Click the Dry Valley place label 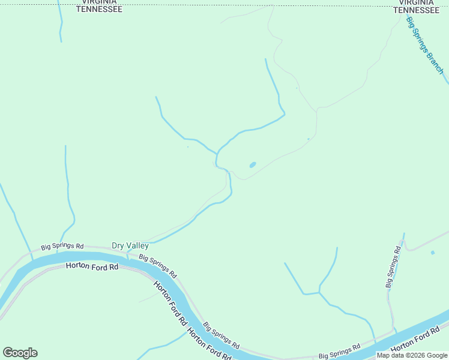(x=130, y=245)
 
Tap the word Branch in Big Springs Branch (x=434, y=62)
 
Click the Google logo (x=20, y=353)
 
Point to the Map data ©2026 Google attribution (x=412, y=355)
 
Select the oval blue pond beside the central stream (x=252, y=164)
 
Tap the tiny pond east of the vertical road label (x=432, y=253)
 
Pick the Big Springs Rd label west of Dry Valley (x=62, y=247)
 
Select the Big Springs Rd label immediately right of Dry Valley (x=157, y=266)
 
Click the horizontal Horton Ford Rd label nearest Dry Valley (x=92, y=266)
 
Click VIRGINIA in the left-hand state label (x=99, y=2)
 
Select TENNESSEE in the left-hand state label (x=99, y=10)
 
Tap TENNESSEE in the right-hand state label (x=415, y=10)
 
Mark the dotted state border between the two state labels (x=252, y=6)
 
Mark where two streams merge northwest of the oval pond (x=217, y=152)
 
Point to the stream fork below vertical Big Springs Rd (x=319, y=292)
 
